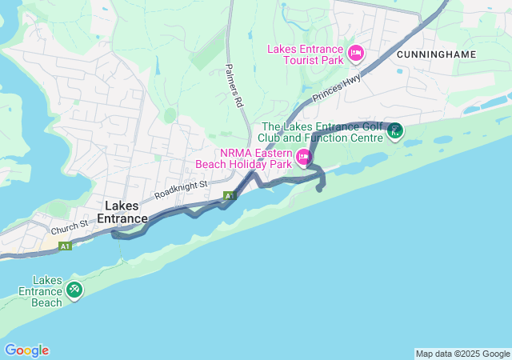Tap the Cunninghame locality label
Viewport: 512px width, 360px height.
pyautogui.click(x=435, y=54)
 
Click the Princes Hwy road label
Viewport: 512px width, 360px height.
pyautogui.click(x=337, y=88)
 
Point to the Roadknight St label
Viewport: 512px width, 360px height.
pyautogui.click(x=181, y=190)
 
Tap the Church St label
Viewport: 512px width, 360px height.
pyautogui.click(x=72, y=227)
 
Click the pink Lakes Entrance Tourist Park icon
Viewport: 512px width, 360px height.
pyautogui.click(x=356, y=54)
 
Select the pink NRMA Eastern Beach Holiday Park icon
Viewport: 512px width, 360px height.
pyautogui.click(x=304, y=157)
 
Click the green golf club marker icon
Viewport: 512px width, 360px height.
pyautogui.click(x=394, y=131)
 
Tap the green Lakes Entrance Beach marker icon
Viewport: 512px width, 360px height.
pyautogui.click(x=74, y=289)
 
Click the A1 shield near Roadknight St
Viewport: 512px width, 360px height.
pyautogui.click(x=230, y=195)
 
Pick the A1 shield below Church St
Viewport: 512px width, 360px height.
pyautogui.click(x=65, y=246)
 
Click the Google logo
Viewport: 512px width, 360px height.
pyautogui.click(x=26, y=350)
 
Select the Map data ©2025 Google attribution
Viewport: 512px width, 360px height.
pyautogui.click(x=462, y=354)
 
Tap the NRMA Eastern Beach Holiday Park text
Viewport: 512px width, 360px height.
pyautogui.click(x=244, y=158)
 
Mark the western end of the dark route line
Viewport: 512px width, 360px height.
pyautogui.click(x=114, y=234)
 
